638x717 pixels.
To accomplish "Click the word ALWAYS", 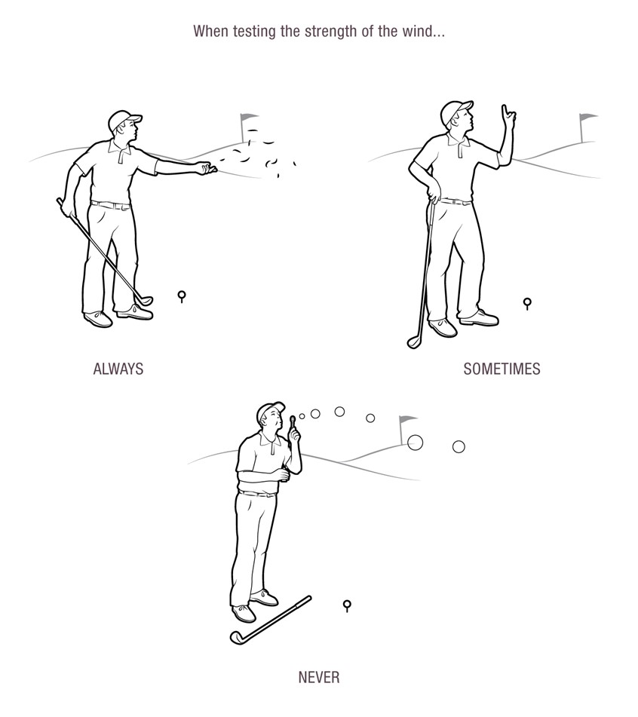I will click(x=118, y=369).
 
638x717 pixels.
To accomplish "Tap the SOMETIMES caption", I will click(x=502, y=369).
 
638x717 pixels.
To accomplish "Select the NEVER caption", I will click(x=319, y=676).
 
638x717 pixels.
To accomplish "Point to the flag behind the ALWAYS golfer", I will click(x=248, y=119).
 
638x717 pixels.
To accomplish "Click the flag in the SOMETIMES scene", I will click(x=587, y=118).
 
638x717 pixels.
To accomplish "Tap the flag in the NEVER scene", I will click(x=407, y=419).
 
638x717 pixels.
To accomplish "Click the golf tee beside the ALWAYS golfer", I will click(x=182, y=295).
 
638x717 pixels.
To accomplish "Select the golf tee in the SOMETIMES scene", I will click(x=527, y=303).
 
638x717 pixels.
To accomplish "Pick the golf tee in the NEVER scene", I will click(x=347, y=604).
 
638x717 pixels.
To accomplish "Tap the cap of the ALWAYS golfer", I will click(x=122, y=119).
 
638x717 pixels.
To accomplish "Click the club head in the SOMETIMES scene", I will click(x=414, y=342).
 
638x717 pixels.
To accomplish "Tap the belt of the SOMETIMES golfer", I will click(x=455, y=201).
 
